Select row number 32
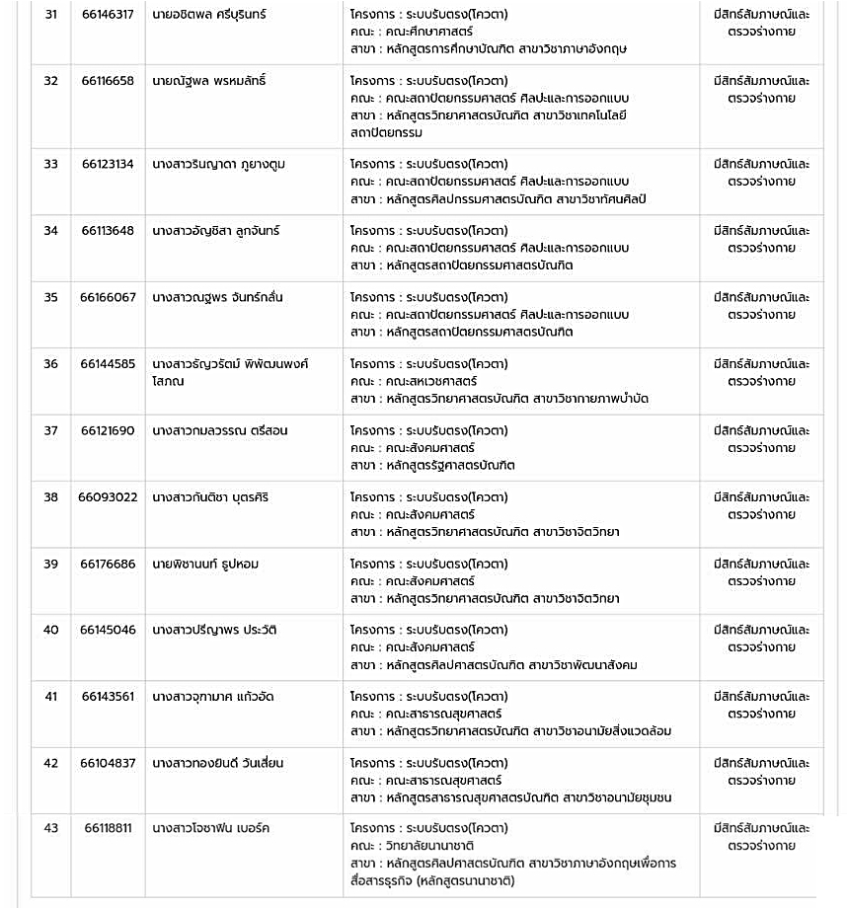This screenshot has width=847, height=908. pos(50,81)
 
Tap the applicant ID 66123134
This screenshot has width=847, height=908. pos(108,164)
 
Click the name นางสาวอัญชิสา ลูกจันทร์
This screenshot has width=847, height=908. pos(216,231)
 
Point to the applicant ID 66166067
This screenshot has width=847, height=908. pos(108,297)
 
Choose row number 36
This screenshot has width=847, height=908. pos(50,364)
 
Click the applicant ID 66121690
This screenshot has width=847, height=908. pos(108,430)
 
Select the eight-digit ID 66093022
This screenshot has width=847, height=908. pos(108,497)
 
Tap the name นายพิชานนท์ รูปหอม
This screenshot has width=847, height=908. pos(205,564)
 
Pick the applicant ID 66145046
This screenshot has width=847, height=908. pos(108,630)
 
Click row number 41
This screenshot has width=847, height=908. pos(50,697)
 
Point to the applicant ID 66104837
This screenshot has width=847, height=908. pos(108,763)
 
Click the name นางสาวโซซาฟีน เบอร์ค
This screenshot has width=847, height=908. pos(211,828)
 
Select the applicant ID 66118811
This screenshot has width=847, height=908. pos(108,828)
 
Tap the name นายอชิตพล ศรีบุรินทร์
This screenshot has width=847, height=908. pos(209,15)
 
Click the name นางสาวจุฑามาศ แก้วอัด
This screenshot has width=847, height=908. pos(211,697)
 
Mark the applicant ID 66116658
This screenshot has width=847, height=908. pos(108,81)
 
